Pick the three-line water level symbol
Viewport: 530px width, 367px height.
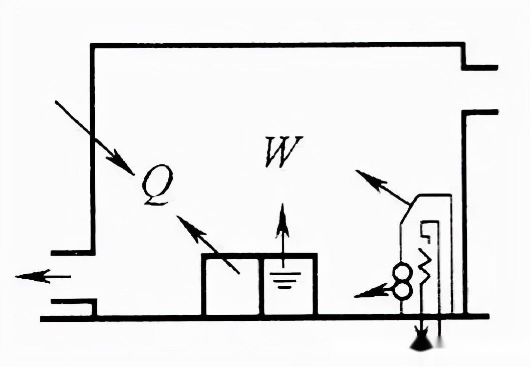(x=284, y=280)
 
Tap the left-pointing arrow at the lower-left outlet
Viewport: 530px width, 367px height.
(x=43, y=276)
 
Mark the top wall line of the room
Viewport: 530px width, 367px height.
(x=276, y=46)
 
